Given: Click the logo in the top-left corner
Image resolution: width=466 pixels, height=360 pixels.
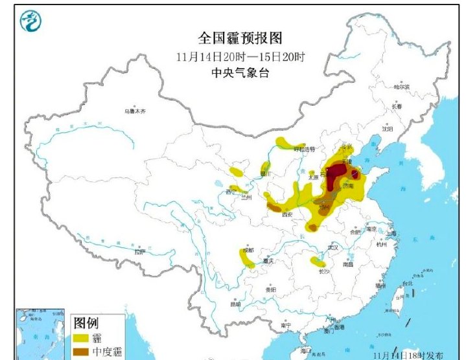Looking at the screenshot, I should tap(30, 22).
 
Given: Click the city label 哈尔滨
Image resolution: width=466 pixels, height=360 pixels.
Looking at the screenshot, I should tap(402, 86).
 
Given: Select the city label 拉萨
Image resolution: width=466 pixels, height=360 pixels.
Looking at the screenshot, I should tap(139, 251).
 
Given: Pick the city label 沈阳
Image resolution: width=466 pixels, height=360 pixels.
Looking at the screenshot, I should tap(388, 129).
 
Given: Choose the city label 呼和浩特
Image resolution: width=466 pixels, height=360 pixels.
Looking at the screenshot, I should tap(304, 149).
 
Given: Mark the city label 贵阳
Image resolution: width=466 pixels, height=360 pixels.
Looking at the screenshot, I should tap(270, 290).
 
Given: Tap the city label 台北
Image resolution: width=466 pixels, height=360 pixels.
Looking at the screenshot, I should tap(407, 284).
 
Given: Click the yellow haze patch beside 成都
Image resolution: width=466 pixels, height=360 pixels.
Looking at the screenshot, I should tap(247, 259).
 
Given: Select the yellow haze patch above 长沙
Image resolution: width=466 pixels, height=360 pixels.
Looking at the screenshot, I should tap(318, 262).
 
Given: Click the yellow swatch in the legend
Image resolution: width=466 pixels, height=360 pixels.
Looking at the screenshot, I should tap(82, 338).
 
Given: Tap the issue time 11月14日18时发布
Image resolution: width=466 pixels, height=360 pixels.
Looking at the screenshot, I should tap(408, 355).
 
